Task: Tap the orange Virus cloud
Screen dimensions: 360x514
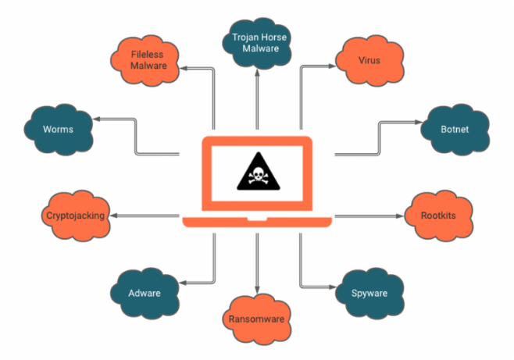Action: tap(369, 59)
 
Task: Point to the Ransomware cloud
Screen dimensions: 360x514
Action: tap(256, 318)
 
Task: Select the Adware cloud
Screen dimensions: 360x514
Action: tap(145, 294)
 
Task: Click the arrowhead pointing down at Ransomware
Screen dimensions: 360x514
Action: tap(256, 290)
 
